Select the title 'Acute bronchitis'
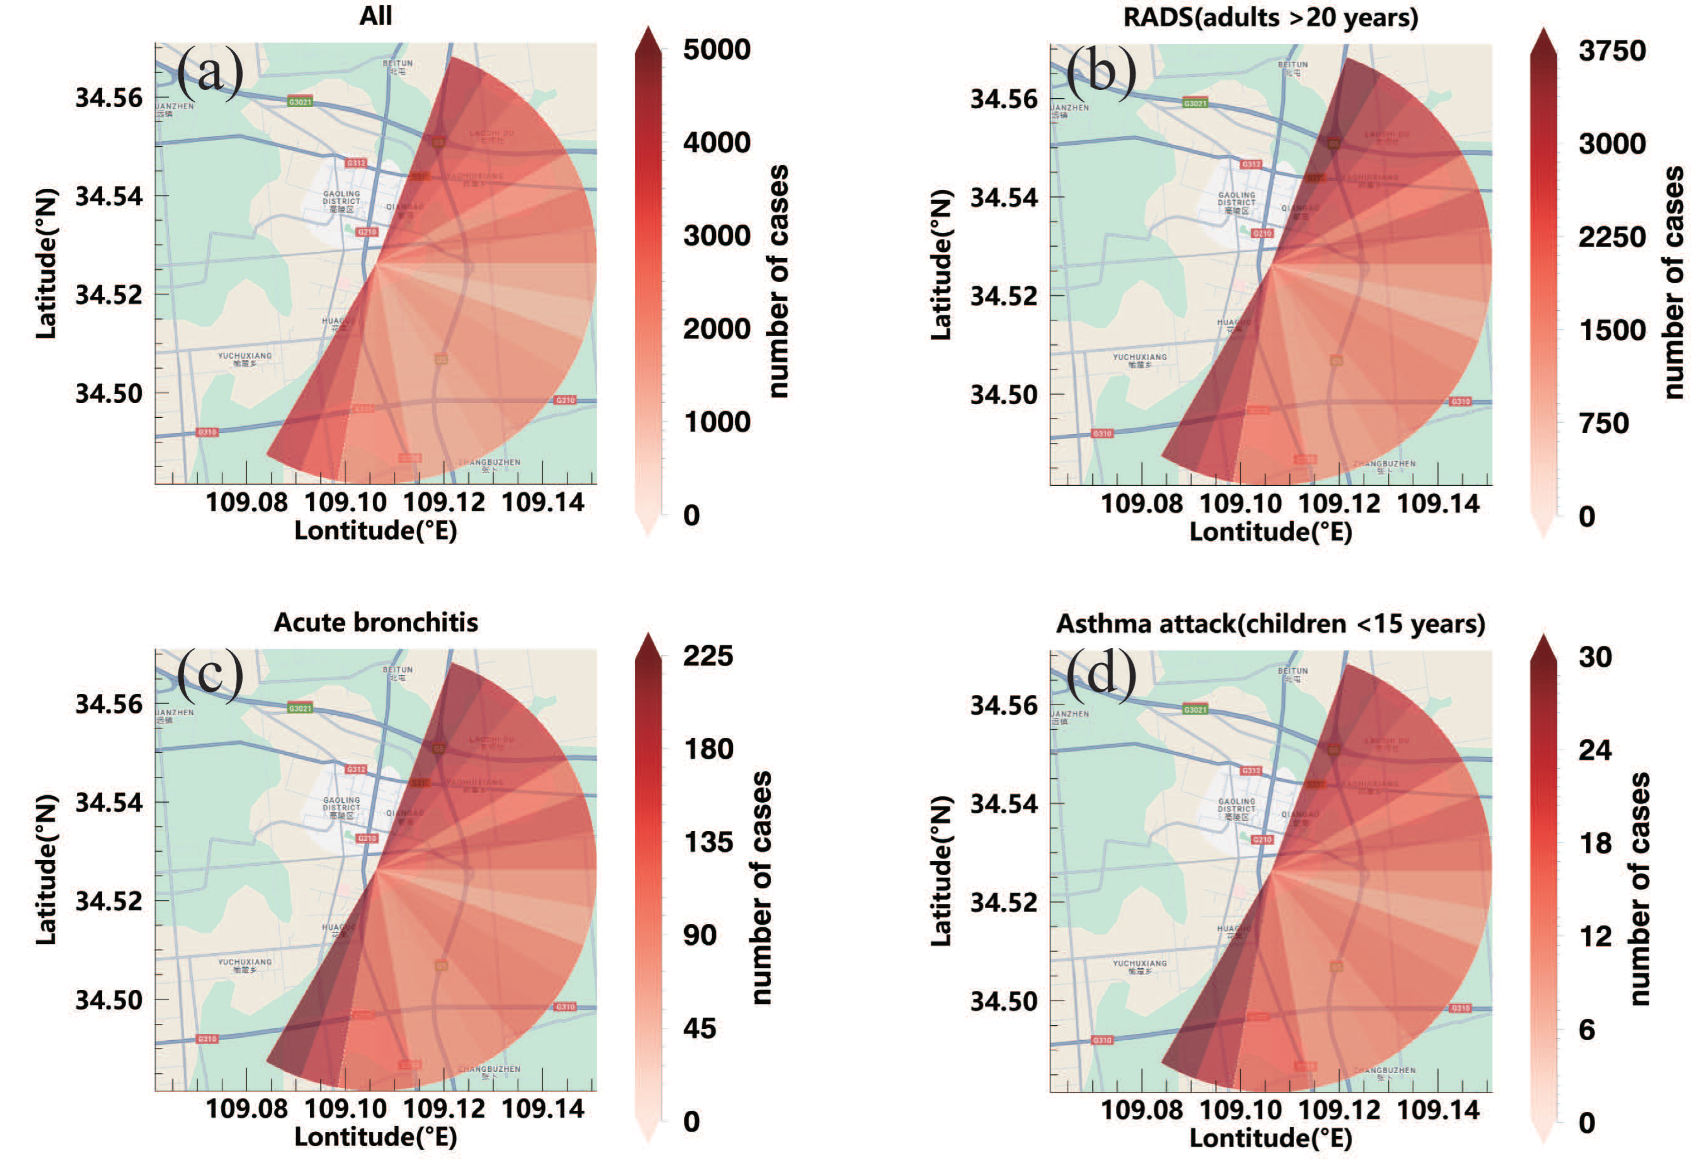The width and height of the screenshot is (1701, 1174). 375,623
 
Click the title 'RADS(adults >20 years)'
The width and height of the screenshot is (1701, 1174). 1271,17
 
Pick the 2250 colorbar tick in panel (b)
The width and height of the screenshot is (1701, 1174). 1611,237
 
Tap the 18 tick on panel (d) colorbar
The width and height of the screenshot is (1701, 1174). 1595,844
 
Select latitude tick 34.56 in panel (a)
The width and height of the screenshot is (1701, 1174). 109,98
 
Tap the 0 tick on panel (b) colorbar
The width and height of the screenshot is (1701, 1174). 1587,517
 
